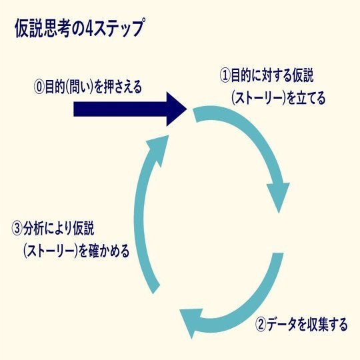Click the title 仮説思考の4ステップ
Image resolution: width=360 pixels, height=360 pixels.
pyautogui.click(x=80, y=29)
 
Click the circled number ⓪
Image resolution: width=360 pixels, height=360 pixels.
pyautogui.click(x=39, y=87)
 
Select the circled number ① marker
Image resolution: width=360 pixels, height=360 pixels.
pyautogui.click(x=225, y=76)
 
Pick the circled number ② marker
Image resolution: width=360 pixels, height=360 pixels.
pyautogui.click(x=261, y=325)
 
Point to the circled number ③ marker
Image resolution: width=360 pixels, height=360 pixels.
pyautogui.click(x=17, y=229)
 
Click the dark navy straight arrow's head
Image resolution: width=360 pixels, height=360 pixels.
pyautogui.click(x=176, y=109)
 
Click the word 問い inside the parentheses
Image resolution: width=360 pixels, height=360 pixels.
pyautogui.click(x=79, y=87)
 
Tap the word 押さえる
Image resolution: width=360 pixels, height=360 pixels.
pyautogui.click(x=123, y=87)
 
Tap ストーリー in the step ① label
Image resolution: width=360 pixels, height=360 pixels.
pyautogui.click(x=259, y=99)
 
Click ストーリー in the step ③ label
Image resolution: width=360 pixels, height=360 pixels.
pyautogui.click(x=51, y=251)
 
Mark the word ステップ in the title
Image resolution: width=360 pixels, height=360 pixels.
pyautogui.click(x=120, y=29)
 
